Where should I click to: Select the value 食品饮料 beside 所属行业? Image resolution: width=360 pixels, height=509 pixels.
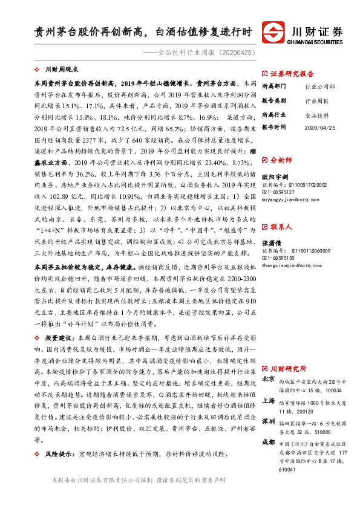(317, 114)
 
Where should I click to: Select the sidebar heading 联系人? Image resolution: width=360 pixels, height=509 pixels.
(282, 210)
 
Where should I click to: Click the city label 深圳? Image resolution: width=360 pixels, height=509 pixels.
(268, 421)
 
